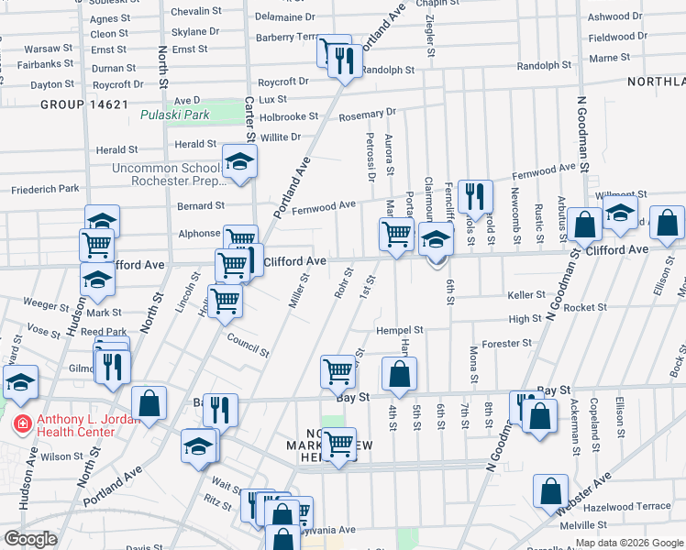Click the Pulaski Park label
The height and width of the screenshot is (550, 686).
[174, 115]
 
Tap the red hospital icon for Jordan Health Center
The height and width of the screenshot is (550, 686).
[20, 423]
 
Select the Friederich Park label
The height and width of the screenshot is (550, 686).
[45, 189]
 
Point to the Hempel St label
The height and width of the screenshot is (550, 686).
[399, 330]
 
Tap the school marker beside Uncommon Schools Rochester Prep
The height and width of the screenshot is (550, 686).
[239, 163]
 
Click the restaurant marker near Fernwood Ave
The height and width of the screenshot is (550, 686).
[475, 195]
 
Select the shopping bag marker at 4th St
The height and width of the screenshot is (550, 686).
[399, 374]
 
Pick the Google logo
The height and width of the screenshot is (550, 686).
[30, 539]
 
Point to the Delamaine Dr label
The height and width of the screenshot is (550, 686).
[284, 16]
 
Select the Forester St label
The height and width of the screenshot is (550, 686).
[507, 344]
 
